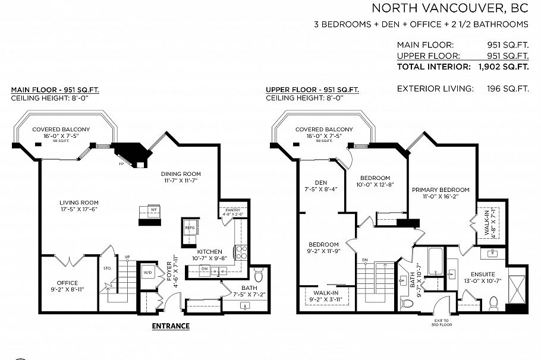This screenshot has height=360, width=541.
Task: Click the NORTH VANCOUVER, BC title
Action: [x=449, y=8]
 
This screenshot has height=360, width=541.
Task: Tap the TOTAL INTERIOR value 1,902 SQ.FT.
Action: [x=503, y=67]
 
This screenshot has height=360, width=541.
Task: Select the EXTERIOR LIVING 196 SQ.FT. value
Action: [x=507, y=89]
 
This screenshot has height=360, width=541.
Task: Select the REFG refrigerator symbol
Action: [x=190, y=228]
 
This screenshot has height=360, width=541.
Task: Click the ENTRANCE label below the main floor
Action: [x=171, y=326]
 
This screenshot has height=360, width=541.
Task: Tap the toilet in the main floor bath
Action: [x=259, y=277]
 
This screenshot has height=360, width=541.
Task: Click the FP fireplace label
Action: [x=121, y=163]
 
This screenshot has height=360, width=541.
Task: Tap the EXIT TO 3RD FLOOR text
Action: [x=442, y=323]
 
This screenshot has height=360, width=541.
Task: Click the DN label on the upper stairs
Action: [x=364, y=260]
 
